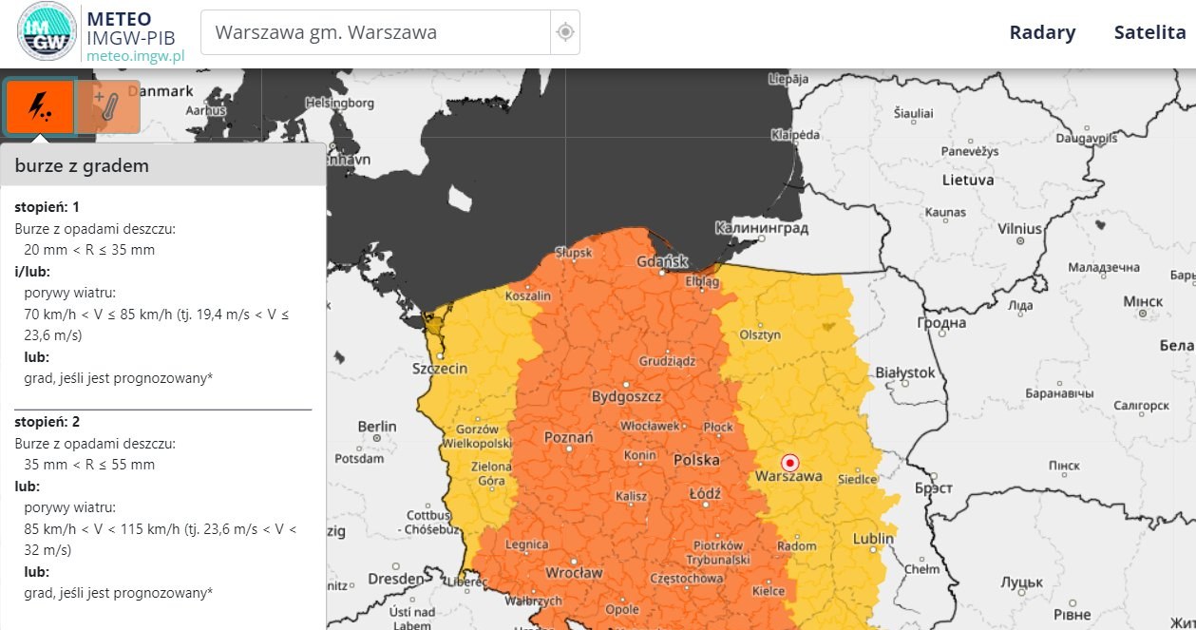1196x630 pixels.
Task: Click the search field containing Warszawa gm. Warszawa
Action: (375, 32)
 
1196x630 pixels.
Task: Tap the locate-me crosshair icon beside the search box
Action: (565, 32)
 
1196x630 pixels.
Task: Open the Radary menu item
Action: (1042, 32)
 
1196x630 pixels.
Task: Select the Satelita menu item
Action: (1149, 32)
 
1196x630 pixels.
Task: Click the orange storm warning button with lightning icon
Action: (40, 106)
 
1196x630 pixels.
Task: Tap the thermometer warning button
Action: (108, 106)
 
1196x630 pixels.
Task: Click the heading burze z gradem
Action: (82, 166)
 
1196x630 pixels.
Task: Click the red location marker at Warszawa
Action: (789, 463)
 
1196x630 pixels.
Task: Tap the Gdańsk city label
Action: (662, 260)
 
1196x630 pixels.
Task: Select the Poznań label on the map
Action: (568, 438)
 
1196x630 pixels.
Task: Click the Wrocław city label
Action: (574, 573)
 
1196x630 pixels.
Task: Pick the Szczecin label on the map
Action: (439, 369)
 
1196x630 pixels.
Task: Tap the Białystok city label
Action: (905, 372)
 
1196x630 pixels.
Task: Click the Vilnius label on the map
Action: (1019, 229)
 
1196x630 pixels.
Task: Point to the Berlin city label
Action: (376, 427)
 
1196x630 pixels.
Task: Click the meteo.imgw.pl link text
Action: (135, 55)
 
